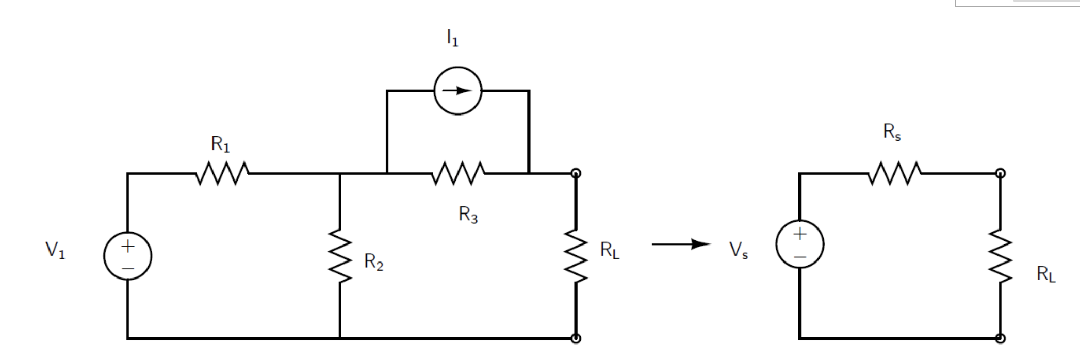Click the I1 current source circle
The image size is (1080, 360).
[x=457, y=91]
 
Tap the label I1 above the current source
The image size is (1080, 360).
[x=452, y=38]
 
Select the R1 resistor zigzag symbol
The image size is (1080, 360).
[x=222, y=173]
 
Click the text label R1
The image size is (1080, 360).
[x=220, y=144]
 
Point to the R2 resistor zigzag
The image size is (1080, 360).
[x=340, y=255]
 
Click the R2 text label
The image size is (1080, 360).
[x=373, y=261]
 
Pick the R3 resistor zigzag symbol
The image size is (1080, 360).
[x=458, y=173]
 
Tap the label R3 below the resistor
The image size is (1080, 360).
[x=468, y=214]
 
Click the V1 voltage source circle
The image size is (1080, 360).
[x=127, y=256]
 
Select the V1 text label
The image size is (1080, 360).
[x=55, y=250]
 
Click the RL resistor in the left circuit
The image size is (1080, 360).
[x=576, y=255]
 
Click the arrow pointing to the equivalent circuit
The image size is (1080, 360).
[x=681, y=244]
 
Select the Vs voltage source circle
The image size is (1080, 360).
[x=799, y=244]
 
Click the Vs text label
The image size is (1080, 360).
[x=738, y=250]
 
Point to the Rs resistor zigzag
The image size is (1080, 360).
[x=894, y=173]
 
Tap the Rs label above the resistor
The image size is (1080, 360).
[x=892, y=132]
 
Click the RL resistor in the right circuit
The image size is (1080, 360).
[x=1000, y=256]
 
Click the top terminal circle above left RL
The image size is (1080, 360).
[x=576, y=173]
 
